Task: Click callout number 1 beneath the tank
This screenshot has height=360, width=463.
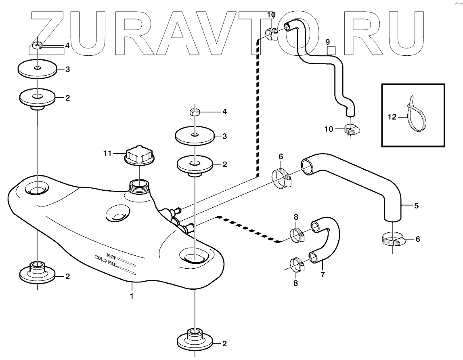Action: click(132, 296)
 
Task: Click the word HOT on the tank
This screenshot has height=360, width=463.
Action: click(112, 255)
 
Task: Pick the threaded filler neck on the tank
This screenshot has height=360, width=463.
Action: click(139, 187)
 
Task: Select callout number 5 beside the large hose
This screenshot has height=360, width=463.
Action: click(416, 205)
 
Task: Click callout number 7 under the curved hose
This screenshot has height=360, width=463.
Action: click(323, 275)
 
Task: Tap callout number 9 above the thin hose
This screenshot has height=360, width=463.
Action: click(328, 42)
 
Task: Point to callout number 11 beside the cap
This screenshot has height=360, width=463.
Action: click(107, 153)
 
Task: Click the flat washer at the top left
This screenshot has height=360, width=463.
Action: click(37, 69)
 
